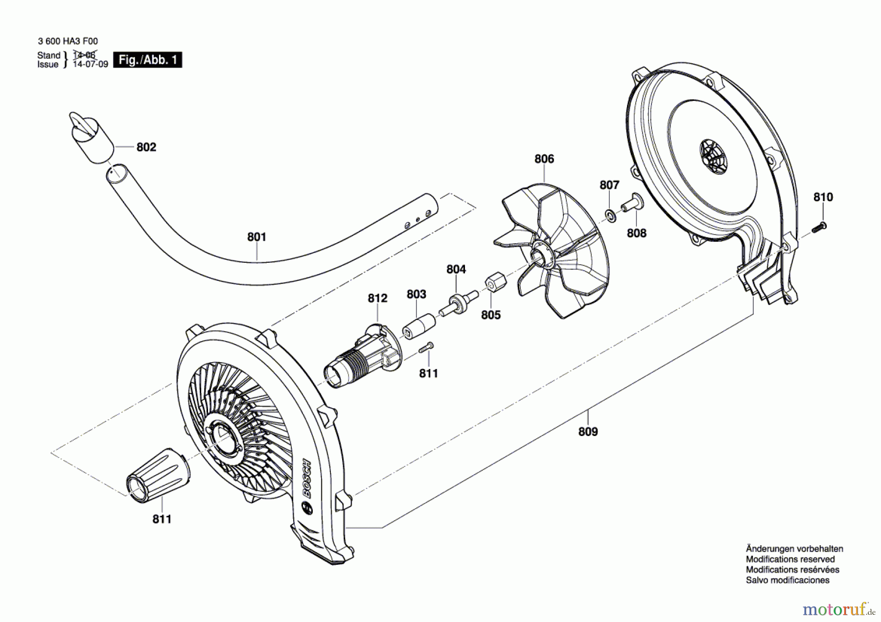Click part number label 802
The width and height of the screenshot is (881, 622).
pos(146,147)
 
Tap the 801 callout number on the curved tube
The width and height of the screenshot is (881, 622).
pos(256,237)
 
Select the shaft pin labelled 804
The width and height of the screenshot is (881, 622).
pos(458,303)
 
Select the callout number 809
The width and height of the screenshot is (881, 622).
pos(588,432)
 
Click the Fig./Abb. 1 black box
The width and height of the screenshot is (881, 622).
pos(147,60)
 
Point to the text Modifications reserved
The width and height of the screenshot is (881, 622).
pos(790,559)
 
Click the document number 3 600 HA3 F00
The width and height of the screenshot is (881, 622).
pos(68,42)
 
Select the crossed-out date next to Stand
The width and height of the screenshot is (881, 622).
pos(84,55)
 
